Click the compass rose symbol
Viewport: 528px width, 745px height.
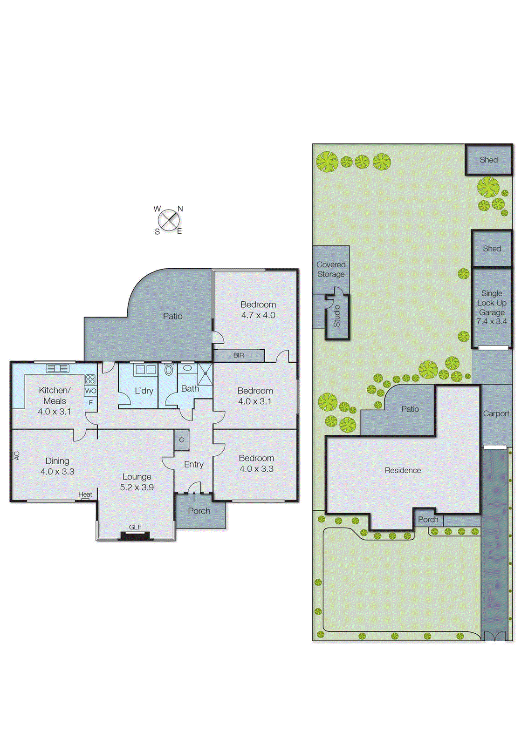pos(169,220)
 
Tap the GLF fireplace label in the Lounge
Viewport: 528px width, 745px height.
pos(135,527)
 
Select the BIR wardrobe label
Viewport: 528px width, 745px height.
pos(239,355)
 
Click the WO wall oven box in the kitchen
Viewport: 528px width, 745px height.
pos(90,391)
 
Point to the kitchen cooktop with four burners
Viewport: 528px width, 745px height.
pos(90,379)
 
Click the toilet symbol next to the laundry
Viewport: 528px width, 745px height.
pos(168,371)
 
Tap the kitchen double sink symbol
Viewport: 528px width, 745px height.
pos(58,368)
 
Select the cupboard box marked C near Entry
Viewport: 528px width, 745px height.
pos(181,440)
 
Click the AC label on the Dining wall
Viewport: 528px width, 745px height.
pos(17,455)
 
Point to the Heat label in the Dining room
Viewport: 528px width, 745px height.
pos(85,494)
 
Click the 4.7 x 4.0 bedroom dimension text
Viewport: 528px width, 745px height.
pos(258,315)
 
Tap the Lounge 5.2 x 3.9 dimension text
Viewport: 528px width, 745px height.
pos(137,488)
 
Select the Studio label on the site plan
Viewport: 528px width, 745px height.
pos(337,316)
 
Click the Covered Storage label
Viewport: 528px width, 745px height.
pos(331,269)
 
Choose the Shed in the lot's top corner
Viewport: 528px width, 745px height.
pos(489,160)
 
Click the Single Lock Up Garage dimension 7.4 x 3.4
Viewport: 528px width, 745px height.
pos(492,321)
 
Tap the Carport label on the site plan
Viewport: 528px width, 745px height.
pos(496,413)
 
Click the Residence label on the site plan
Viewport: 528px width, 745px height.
pos(403,470)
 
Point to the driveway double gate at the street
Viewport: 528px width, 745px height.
pos(494,636)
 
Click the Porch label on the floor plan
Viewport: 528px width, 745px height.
pos(199,511)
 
